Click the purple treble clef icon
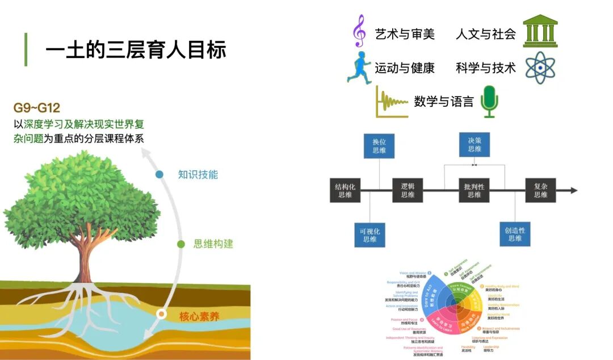tap(359, 31)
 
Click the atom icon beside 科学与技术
tap(540, 68)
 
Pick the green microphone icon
tap(489, 102)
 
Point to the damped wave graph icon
tap(391, 102)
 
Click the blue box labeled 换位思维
tap(379, 145)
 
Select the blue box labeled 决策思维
tap(474, 145)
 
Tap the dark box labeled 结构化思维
tap(345, 190)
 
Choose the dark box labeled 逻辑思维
tap(408, 190)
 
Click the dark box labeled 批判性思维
tap(474, 190)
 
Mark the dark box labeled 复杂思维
tap(540, 190)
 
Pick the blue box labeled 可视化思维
tap(370, 235)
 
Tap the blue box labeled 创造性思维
tap(515, 235)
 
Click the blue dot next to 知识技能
tap(159, 174)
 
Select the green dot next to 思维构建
tap(181, 244)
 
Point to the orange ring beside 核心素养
tap(162, 313)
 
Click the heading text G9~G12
tap(37, 107)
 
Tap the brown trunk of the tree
tap(86, 250)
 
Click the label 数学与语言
tap(443, 102)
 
